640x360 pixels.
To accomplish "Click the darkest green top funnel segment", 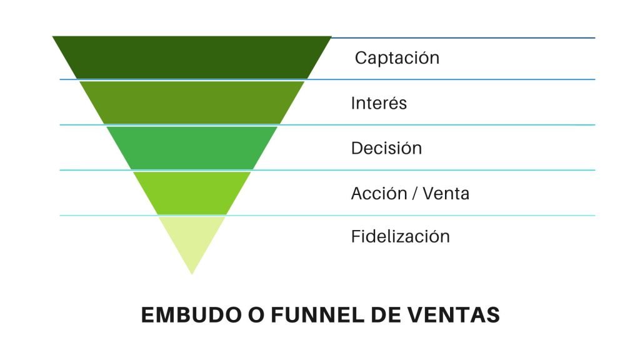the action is point(192,57).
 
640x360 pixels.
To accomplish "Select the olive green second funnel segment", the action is point(192,102).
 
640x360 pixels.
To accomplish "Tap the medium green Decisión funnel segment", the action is point(192,147).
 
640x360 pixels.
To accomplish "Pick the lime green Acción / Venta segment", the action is point(192,193).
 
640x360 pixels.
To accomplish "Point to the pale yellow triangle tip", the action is point(192,274).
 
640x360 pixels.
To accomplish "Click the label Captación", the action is point(397,58).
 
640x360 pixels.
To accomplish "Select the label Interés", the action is point(379,103).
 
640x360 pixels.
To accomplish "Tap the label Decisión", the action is point(386,147).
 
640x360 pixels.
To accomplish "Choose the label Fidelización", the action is point(401,236).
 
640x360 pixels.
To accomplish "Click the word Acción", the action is point(379,193).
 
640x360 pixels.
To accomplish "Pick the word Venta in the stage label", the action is point(446,194).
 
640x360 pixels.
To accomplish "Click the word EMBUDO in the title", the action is point(191,315).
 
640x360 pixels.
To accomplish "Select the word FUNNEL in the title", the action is point(317,315).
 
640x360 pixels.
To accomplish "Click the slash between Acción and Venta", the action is point(415,194).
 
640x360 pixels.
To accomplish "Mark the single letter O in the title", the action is point(256,315).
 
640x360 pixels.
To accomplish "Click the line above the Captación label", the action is point(463,37).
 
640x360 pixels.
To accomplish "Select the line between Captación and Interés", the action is point(327,79).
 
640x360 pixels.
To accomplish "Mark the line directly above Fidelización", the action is point(327,215).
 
